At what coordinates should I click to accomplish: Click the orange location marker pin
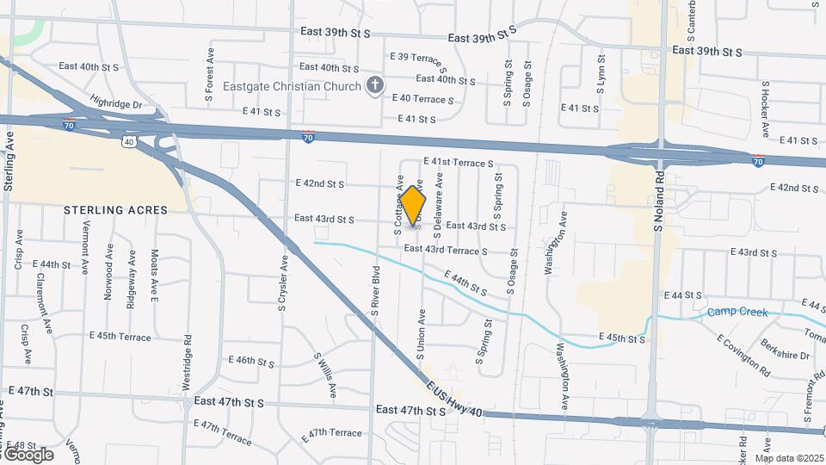pos(413,206)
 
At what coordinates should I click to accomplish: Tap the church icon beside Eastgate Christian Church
pos(374,85)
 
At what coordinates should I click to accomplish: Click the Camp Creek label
pos(737,312)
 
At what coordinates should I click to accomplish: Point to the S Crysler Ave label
pos(281,285)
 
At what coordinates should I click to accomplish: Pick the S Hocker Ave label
pos(764,110)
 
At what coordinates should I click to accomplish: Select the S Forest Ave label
pos(209,72)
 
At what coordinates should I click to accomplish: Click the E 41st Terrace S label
pos(459,163)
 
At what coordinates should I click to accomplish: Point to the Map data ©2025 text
pos(789,458)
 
